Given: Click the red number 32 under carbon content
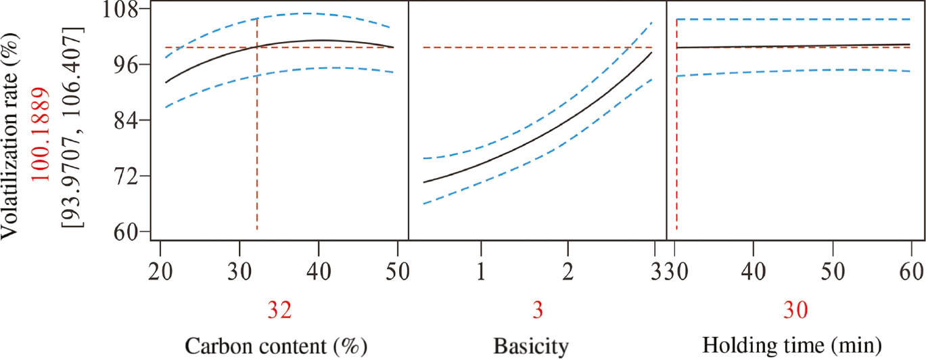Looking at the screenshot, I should click(279, 311).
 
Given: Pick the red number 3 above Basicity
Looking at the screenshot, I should click(538, 311).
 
